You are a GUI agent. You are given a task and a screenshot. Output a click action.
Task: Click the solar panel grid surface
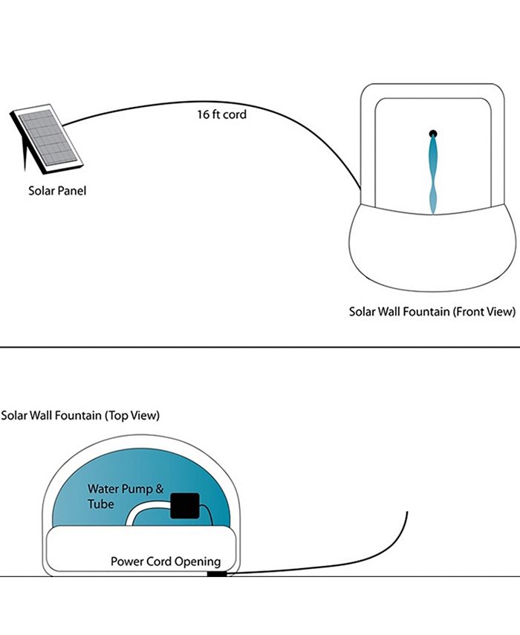click(48, 137)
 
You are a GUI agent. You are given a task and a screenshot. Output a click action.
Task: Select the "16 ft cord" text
click(221, 115)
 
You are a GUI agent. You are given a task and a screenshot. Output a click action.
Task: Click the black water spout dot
click(433, 134)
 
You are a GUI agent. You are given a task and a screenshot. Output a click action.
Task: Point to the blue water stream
click(433, 171)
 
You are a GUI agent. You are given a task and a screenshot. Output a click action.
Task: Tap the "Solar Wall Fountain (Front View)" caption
click(432, 312)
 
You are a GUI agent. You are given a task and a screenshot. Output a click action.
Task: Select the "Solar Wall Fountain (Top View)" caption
click(80, 415)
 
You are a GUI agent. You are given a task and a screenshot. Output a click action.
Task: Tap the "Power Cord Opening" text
click(166, 561)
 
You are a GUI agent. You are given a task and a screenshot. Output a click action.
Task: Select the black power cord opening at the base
click(215, 574)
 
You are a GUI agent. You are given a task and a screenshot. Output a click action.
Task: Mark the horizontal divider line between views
click(260, 348)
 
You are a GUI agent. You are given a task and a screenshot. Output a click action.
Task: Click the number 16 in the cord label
click(203, 115)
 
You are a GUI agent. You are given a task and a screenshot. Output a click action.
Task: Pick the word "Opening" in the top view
click(198, 561)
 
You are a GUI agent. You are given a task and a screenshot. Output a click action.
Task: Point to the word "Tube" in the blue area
click(100, 504)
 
